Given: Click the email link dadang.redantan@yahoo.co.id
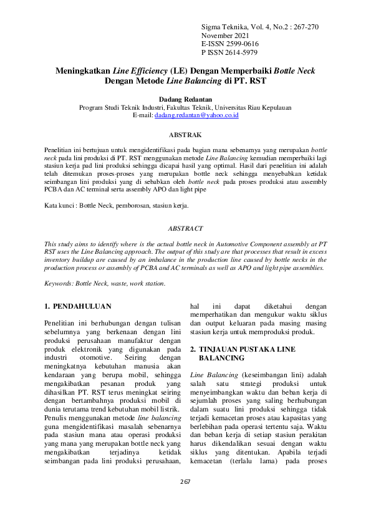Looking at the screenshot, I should pyautogui.click(x=196, y=115).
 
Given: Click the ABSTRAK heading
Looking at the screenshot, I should pyautogui.click(x=185, y=135).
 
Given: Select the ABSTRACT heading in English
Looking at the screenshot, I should pyautogui.click(x=185, y=229).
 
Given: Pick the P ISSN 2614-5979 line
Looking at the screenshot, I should pyautogui.click(x=226, y=53).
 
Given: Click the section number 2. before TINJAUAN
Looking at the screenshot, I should pyautogui.click(x=193, y=349).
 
